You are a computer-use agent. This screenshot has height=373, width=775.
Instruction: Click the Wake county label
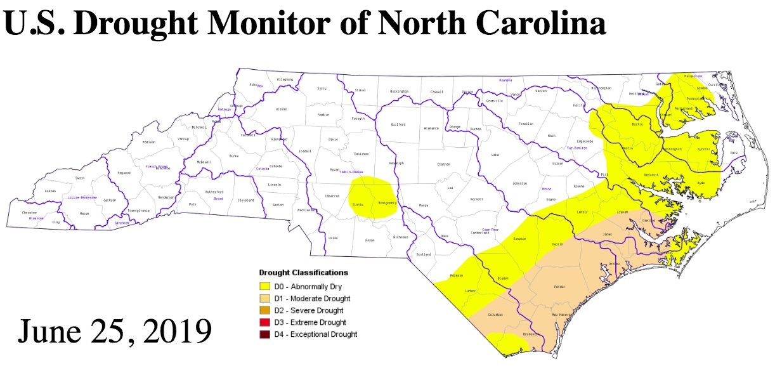click(x=495, y=154)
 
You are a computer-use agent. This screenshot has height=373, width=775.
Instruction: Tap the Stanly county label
click(x=357, y=204)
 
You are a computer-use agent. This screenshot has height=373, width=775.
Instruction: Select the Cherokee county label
click(x=30, y=212)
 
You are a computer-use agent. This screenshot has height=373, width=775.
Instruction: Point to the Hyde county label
click(x=701, y=183)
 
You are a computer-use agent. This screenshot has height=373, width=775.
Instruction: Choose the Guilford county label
click(x=398, y=124)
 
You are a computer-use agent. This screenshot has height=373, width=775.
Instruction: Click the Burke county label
click(x=233, y=155)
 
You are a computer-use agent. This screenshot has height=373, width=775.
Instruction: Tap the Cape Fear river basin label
click(x=489, y=229)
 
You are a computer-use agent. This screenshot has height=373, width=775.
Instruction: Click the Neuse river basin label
click(x=546, y=189)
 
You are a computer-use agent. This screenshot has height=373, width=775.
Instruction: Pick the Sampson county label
click(x=519, y=239)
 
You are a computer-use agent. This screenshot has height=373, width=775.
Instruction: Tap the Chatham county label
click(x=443, y=164)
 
